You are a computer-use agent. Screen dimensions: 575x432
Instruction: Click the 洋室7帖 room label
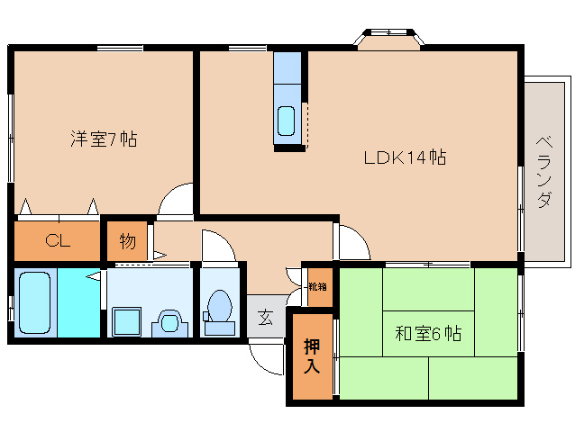point(104,139)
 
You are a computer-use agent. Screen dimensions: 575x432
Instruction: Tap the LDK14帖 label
point(405,157)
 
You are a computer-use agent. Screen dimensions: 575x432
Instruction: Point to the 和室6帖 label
point(428,334)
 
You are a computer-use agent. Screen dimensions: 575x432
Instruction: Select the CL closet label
point(58,240)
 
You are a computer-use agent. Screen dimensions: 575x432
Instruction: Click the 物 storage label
point(127,241)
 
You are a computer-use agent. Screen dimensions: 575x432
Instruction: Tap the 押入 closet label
point(312,356)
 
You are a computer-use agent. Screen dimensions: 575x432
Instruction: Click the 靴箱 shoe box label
point(317,286)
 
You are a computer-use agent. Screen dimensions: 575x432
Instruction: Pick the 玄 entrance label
point(266,317)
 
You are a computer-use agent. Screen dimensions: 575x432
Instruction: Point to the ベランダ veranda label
point(544,172)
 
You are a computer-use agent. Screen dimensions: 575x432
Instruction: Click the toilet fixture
point(219,312)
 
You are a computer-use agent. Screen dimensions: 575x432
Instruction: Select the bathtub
point(35,302)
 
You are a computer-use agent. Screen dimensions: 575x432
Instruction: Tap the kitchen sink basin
point(286,121)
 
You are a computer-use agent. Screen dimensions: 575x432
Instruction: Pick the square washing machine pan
point(126,322)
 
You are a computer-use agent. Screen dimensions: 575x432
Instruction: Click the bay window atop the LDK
point(388,39)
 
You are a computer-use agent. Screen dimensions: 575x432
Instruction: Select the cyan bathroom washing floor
point(78,302)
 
